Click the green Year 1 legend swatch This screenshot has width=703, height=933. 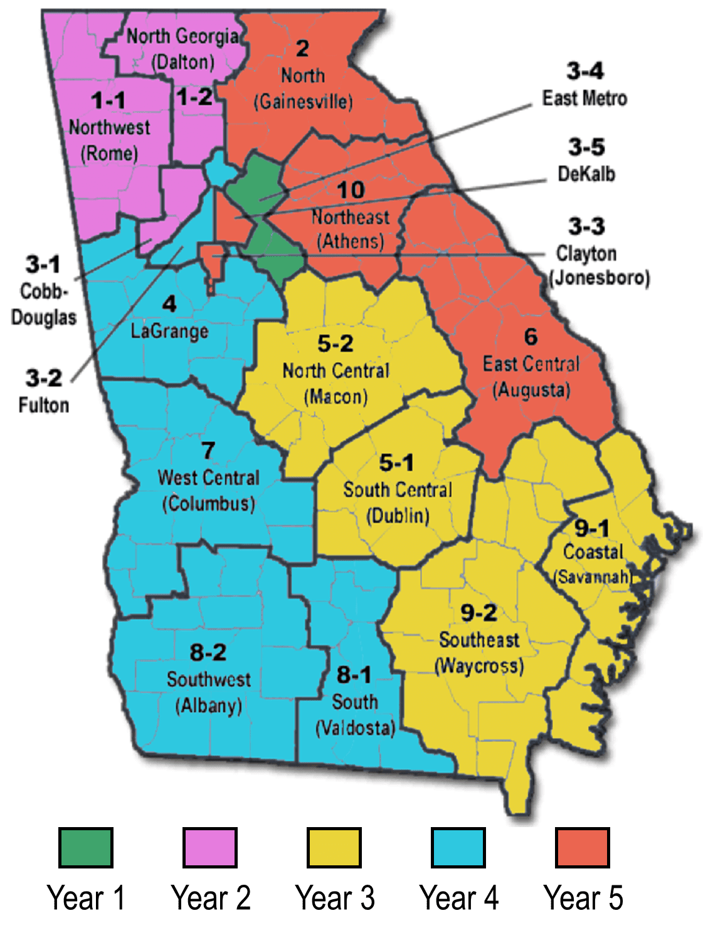pos(85,848)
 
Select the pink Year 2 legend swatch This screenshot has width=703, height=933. pos(209,848)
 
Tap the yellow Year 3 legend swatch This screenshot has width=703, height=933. pos(334,848)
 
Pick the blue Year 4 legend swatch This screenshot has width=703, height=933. pos(458,848)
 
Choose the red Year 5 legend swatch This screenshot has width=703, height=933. pos(582,848)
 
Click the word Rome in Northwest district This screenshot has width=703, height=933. pos(109,154)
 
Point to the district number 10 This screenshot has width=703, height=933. pos(351,190)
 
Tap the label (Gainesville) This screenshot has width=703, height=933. pos(303,102)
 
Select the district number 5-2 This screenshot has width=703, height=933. pos(335,343)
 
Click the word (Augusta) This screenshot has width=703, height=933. pos(531,390)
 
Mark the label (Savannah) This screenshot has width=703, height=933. pos(592,576)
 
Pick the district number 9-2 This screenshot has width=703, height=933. pos(478,612)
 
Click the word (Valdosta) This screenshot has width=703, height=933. pos(355,728)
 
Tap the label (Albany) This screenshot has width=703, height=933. pos(208,706)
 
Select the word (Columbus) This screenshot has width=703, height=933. pos(208,504)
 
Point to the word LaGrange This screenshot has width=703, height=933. pos(169,331)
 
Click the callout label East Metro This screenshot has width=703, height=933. pos(584,98)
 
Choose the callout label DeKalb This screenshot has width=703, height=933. pos(586,174)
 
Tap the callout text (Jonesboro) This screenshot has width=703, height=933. pos(599,278)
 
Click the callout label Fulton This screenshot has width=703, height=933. pos(43,405)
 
